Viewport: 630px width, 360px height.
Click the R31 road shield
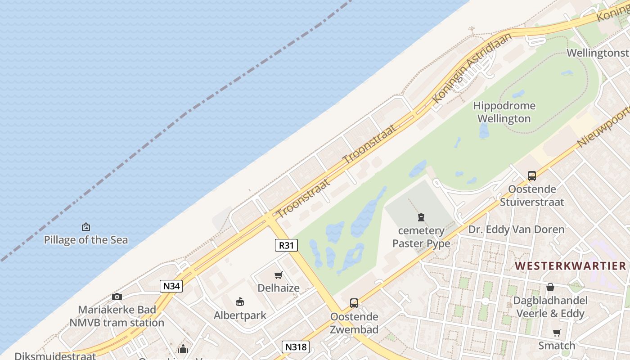pos(286,245)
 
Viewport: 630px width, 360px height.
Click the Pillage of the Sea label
pos(86,240)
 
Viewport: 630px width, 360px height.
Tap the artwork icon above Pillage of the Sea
pos(86,227)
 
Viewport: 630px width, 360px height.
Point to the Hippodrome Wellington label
pos(504,112)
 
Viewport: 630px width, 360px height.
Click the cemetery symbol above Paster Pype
pos(421,218)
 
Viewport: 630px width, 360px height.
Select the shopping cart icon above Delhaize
pos(279,275)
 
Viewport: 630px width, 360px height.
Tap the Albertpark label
pos(240,315)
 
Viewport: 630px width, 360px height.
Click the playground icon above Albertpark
pos(240,301)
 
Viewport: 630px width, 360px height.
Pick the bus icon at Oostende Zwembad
pos(354,303)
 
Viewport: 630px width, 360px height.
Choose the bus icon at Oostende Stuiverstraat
pos(532,176)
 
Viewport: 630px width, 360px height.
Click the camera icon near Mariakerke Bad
pos(117,297)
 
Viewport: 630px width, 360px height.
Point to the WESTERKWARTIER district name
pos(570,266)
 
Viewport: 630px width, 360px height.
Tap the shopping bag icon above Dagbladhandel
pos(550,287)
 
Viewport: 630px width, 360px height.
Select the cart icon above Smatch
pos(557,333)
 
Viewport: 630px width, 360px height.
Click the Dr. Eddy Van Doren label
pos(516,229)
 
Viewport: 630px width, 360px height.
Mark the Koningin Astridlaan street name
pos(472,67)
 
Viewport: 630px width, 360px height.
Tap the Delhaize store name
pos(279,288)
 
